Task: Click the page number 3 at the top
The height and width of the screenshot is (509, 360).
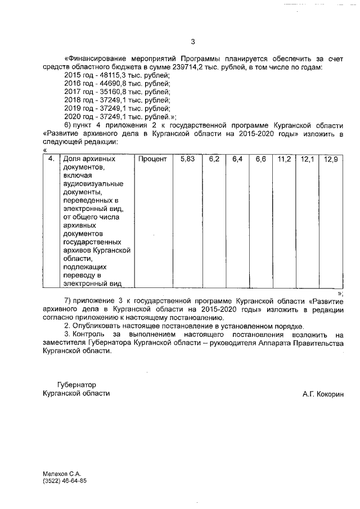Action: tap(192, 42)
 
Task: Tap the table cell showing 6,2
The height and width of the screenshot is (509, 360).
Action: tap(214, 160)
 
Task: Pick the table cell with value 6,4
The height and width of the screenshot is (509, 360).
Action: tap(237, 160)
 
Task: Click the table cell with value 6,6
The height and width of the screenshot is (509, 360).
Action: tap(260, 160)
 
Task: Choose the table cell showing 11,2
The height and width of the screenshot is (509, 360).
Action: tap(284, 160)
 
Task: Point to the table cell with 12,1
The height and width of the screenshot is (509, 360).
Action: tap(307, 160)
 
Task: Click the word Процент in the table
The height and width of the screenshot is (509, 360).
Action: tap(153, 160)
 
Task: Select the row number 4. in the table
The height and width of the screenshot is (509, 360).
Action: tap(51, 160)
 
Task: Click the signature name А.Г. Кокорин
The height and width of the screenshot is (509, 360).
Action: tap(321, 394)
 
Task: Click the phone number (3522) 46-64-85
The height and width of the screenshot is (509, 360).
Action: tap(65, 481)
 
